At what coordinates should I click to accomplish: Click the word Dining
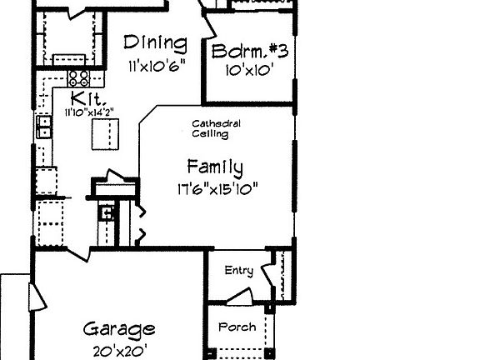click(155, 43)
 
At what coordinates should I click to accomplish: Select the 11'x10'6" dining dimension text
click(156, 64)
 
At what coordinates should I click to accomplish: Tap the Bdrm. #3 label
click(250, 52)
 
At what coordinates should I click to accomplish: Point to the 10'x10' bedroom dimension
click(249, 71)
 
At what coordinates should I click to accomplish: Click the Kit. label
click(82, 97)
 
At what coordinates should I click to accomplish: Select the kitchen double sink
click(44, 127)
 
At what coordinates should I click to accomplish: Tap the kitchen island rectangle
click(106, 133)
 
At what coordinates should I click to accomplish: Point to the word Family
click(215, 165)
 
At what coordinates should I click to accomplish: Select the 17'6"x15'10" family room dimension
click(216, 187)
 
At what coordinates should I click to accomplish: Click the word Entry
click(239, 270)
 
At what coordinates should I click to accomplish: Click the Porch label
click(237, 327)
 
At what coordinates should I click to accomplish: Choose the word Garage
click(119, 328)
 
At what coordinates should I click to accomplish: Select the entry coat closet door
click(271, 276)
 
